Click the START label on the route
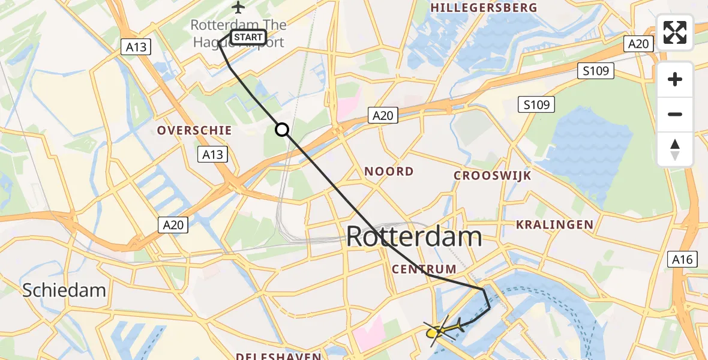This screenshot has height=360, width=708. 248,37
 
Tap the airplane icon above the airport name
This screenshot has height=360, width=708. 239,8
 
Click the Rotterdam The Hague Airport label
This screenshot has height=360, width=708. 238,33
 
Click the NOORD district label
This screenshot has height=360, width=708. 389,172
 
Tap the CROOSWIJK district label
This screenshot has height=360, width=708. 492,176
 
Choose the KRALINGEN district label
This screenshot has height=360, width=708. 554,225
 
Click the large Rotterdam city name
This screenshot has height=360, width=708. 414,237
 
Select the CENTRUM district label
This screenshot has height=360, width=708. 424,269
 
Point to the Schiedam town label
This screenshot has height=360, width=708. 64,290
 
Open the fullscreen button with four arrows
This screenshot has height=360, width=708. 675,32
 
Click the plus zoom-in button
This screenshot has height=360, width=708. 675,79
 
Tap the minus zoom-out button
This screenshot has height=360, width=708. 675,114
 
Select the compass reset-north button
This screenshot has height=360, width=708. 675,149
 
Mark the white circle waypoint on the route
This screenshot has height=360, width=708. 282,130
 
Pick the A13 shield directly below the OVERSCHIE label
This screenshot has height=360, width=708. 212,154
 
